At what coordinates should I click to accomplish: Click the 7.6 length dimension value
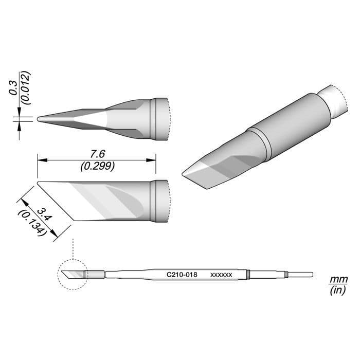(x=98, y=154)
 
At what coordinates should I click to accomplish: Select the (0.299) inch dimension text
(x=98, y=166)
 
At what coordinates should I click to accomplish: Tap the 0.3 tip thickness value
(x=13, y=88)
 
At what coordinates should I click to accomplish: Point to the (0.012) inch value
(x=26, y=88)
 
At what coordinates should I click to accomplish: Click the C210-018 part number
(x=182, y=275)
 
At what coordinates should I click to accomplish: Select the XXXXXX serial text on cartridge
(x=221, y=275)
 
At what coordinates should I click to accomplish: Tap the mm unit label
(x=338, y=280)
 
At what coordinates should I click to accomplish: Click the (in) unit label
(x=338, y=291)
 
